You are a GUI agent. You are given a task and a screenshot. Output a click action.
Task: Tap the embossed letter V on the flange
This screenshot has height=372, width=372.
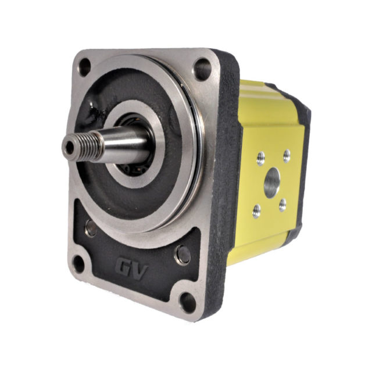[x=141, y=271]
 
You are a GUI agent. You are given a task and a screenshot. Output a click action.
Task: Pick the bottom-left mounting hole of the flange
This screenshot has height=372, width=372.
[x=78, y=263]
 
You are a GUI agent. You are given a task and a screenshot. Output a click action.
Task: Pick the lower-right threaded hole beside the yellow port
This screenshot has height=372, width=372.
[x=282, y=205]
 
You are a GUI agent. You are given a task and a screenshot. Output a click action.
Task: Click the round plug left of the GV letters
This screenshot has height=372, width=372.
[x=91, y=228]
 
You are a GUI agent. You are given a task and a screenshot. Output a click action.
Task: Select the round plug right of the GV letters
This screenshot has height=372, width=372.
[x=183, y=255]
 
